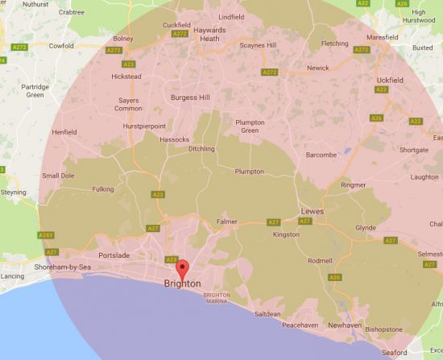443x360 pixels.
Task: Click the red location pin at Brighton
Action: (182, 269)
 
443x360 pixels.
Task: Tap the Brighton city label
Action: (182, 283)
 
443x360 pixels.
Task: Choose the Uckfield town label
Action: (389, 80)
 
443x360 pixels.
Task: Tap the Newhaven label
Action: (346, 325)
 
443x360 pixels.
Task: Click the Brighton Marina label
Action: (217, 298)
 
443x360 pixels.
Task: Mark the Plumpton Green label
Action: (248, 126)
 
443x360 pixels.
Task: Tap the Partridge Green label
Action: (35, 90)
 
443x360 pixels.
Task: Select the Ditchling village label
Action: (201, 149)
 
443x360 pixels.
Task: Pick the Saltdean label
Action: (267, 313)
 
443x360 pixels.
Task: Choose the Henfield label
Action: (64, 132)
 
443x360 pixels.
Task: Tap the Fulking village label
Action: (102, 190)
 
